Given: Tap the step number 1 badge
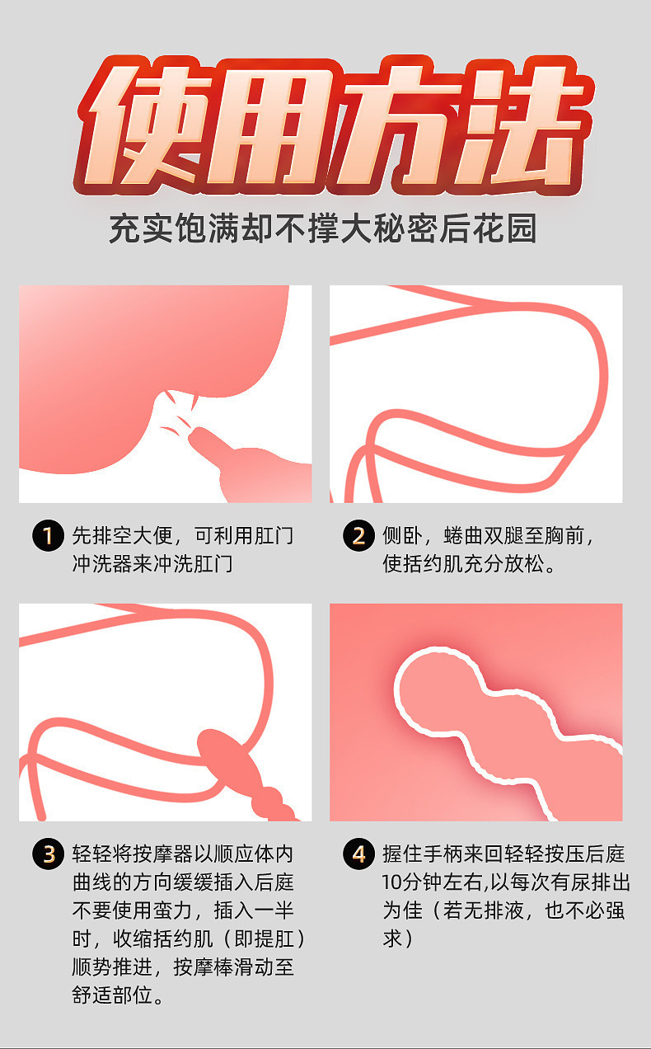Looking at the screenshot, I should point(47,535).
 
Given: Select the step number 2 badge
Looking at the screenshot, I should point(358,535).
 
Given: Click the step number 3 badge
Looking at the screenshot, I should point(47,854).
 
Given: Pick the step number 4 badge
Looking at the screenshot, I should point(358,854).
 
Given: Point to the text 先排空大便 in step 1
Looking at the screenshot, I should point(123,536).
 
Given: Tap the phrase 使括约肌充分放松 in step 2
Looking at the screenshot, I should point(462,565).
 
